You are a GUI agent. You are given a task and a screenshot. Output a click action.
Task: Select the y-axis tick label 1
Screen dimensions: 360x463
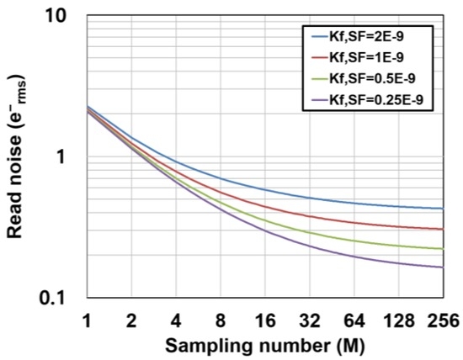pos(72,157)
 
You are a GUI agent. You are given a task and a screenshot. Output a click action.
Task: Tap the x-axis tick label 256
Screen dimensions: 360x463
pos(441,320)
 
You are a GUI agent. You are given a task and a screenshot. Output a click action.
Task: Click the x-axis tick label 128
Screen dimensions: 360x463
pos(396,320)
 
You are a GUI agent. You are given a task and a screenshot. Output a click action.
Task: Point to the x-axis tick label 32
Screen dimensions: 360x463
pos(309,320)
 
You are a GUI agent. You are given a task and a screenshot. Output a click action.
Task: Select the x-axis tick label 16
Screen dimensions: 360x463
pos(264,320)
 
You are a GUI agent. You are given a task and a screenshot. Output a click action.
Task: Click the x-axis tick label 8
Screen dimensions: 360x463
pos(221,320)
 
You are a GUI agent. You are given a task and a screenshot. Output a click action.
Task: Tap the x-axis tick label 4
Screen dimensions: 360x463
pos(176,320)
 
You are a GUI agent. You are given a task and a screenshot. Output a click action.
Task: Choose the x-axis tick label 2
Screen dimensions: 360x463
pos(131,320)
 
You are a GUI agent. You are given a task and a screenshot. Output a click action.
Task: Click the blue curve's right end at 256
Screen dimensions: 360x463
pos(442,209)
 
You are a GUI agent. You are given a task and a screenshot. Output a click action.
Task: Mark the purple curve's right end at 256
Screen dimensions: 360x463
pos(442,267)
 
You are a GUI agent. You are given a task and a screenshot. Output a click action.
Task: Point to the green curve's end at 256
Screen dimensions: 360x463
pos(442,249)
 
